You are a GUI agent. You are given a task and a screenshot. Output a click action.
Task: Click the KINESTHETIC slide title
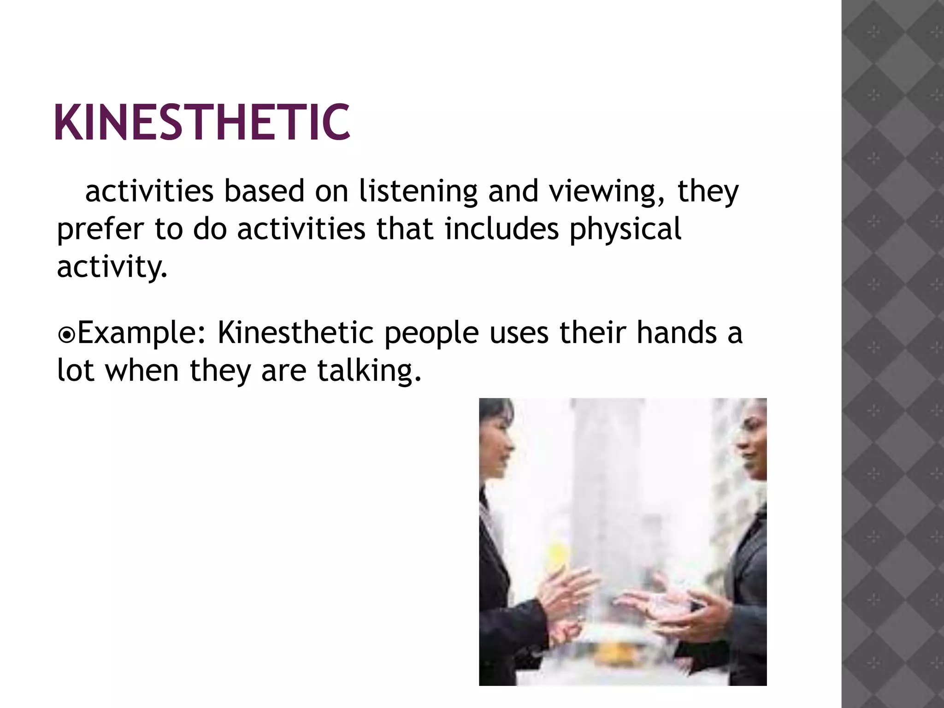202,122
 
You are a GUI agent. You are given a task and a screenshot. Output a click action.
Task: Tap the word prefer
100,229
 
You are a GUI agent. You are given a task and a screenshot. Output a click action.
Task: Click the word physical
625,229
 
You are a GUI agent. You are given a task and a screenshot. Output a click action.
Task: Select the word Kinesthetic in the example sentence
295,333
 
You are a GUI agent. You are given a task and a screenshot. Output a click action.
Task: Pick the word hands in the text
677,333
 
